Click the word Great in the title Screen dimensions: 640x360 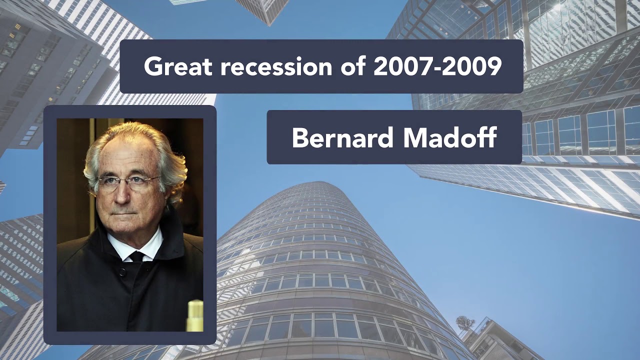pos(177,66)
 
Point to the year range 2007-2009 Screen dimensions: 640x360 pos(437,66)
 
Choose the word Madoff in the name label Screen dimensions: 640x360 pos(449,137)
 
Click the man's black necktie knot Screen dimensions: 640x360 pos(137,256)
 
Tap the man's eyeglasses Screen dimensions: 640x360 pos(128,183)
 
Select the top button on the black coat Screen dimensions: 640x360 pos(122,272)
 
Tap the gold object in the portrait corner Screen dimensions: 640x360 pos(195,315)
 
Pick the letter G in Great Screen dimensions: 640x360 pos(153,66)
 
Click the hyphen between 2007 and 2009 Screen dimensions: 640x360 pos(437,68)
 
